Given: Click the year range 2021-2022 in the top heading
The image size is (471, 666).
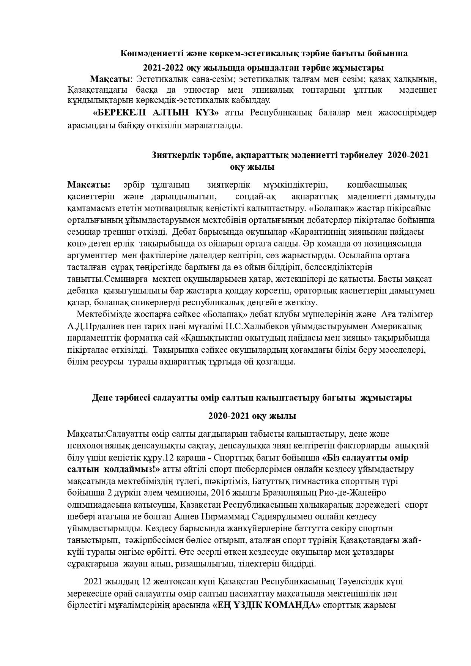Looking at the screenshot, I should [162, 68].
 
